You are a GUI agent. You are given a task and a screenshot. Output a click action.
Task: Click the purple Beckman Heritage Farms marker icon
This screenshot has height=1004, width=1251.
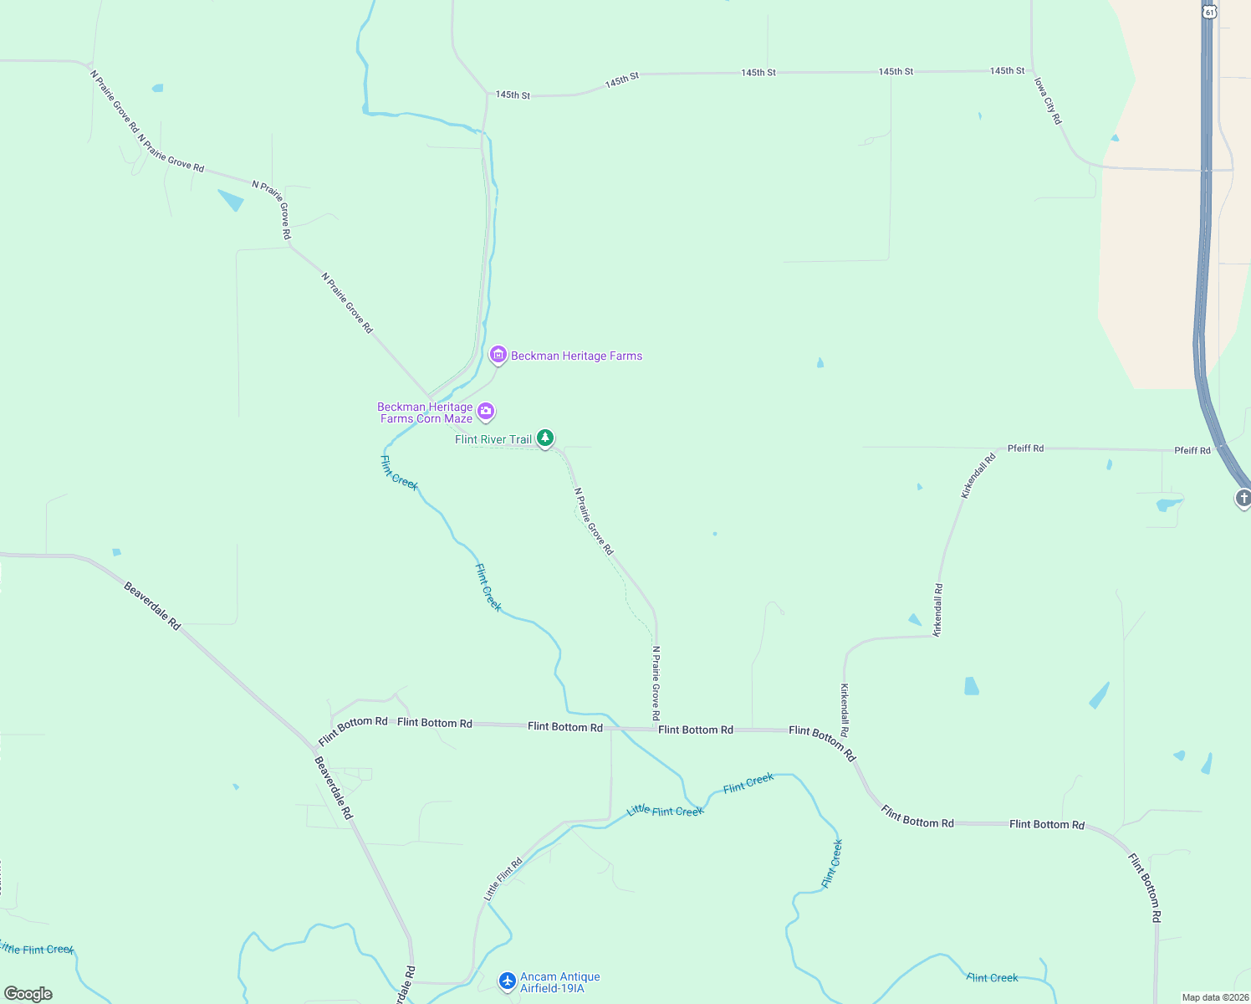498,356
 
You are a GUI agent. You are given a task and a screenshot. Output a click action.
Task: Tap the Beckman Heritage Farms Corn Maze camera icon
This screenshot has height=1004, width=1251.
486,412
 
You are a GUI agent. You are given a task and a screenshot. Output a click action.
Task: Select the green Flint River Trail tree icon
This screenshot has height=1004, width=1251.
545,438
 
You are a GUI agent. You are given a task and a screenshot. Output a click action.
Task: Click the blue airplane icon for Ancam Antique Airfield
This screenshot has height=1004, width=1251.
507,981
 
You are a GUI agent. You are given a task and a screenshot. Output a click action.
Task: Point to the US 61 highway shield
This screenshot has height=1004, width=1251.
1209,11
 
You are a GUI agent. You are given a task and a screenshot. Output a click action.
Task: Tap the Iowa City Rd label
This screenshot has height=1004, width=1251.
1048,101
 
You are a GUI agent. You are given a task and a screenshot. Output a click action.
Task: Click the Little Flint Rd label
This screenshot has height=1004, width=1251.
503,879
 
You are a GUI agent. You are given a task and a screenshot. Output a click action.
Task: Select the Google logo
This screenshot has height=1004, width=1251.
28,994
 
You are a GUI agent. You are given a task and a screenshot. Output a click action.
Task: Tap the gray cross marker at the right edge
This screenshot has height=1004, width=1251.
1243,499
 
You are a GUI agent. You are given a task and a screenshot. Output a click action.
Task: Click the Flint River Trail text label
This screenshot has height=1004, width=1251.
493,439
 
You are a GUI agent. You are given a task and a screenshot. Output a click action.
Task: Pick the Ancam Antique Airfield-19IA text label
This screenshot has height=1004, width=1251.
559,982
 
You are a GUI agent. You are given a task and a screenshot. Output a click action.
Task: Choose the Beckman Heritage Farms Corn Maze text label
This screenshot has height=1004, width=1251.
426,412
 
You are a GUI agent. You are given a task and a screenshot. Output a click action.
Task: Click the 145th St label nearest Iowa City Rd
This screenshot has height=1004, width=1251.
1007,71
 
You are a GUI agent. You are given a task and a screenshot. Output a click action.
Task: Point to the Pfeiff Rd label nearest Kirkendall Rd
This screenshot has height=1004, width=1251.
1025,448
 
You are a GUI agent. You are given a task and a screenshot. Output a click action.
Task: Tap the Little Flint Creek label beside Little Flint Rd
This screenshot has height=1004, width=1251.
665,811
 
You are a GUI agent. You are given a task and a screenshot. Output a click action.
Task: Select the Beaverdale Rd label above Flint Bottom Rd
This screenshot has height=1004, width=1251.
152,606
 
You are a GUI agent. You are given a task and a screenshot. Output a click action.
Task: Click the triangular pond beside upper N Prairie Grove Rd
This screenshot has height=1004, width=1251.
231,200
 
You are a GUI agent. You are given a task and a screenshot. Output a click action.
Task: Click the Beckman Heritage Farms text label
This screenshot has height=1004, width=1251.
576,356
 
